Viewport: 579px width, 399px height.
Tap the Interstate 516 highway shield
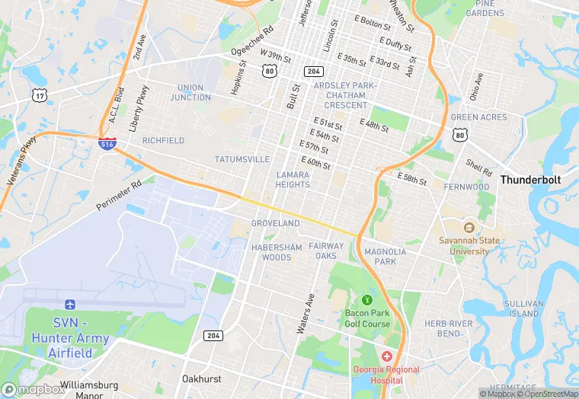[x=107, y=143]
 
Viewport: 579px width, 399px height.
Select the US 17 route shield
[x=40, y=95]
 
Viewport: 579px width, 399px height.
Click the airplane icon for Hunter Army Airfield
[x=70, y=305]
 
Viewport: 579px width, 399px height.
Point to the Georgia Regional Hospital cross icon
[x=386, y=356]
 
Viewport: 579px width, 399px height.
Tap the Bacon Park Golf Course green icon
[x=366, y=301]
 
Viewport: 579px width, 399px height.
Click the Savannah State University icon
[x=469, y=227]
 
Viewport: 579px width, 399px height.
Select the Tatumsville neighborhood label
[x=242, y=159]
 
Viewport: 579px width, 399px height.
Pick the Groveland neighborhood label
[x=275, y=224]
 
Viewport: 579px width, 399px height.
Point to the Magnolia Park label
[x=385, y=257]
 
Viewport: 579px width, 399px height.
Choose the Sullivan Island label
[x=523, y=308]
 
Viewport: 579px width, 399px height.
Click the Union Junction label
[x=190, y=92]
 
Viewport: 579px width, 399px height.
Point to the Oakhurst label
[x=201, y=378]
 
